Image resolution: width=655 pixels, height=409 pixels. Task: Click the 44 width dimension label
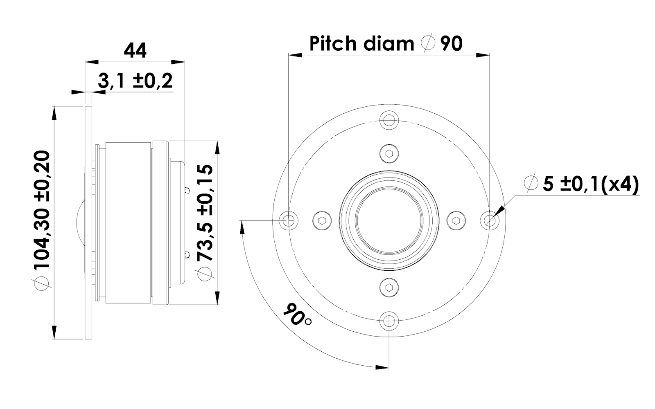click(x=135, y=52)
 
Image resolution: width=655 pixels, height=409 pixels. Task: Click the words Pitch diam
click(x=362, y=43)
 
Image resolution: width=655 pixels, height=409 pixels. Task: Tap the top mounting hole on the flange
click(x=389, y=121)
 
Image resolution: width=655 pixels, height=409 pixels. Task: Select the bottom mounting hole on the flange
click(x=389, y=321)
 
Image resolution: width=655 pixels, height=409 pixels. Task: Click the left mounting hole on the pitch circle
click(x=289, y=221)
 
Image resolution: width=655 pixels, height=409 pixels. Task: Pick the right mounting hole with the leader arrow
click(x=490, y=221)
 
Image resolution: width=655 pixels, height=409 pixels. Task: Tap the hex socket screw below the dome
click(x=389, y=288)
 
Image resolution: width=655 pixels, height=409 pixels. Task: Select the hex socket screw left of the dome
click(x=322, y=221)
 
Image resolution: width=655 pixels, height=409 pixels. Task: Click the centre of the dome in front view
click(x=389, y=221)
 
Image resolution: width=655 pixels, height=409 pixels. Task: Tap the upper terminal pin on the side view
click(x=187, y=190)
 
